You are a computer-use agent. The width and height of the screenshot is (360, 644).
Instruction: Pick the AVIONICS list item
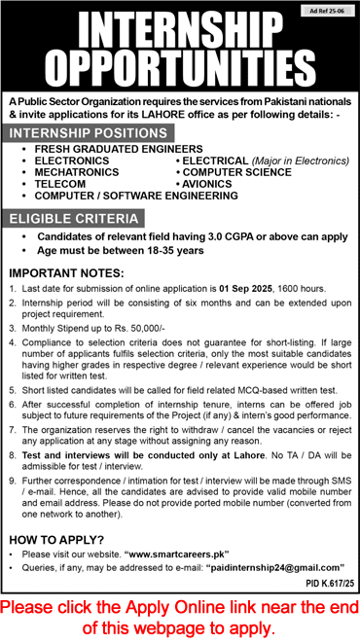pyautogui.click(x=209, y=183)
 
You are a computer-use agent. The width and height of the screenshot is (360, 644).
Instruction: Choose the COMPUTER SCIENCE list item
pyautogui.click(x=236, y=171)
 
